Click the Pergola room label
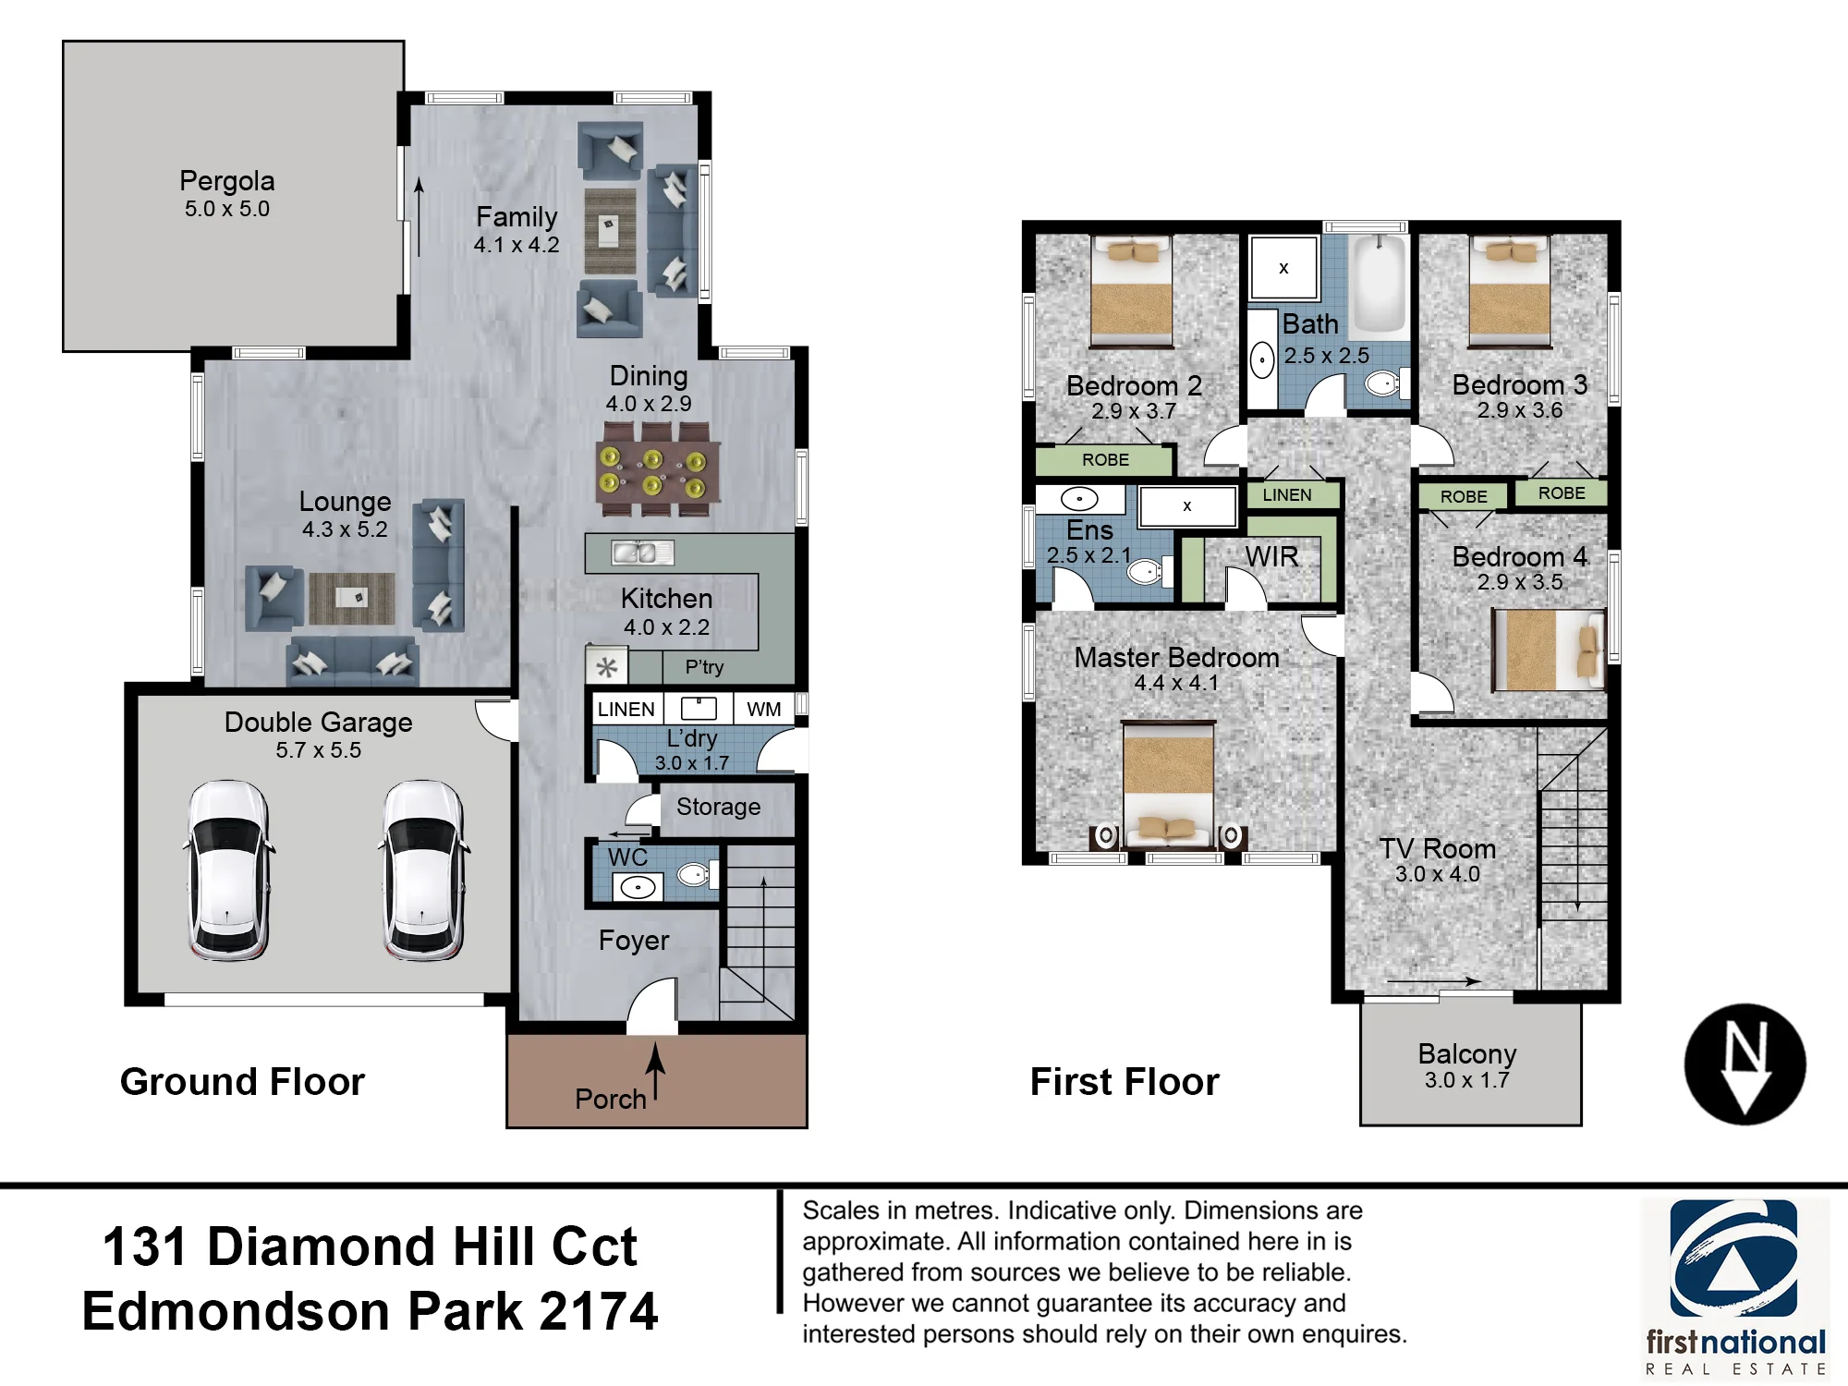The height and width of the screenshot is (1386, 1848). click(227, 180)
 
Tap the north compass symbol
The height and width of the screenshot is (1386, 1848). click(1745, 1064)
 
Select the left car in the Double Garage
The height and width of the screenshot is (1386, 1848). click(229, 870)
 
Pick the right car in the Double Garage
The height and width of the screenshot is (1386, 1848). click(423, 870)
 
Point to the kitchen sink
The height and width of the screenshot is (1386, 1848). click(642, 553)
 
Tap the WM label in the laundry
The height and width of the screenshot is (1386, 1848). click(764, 709)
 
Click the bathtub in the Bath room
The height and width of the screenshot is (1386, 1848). click(1380, 284)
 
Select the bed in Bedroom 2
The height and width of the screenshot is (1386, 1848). click(1132, 291)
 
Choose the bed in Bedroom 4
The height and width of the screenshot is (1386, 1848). click(1549, 650)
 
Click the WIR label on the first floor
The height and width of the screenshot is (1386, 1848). click(1271, 556)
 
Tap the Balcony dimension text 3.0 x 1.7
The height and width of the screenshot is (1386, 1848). click(1467, 1080)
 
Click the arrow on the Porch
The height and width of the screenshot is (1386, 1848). click(655, 1071)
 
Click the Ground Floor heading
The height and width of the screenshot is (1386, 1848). click(242, 1081)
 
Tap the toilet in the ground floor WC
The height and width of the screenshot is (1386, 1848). click(698, 873)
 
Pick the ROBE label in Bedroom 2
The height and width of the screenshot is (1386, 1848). click(1105, 459)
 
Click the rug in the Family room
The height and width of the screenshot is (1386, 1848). click(610, 231)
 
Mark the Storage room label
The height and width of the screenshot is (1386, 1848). click(719, 807)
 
